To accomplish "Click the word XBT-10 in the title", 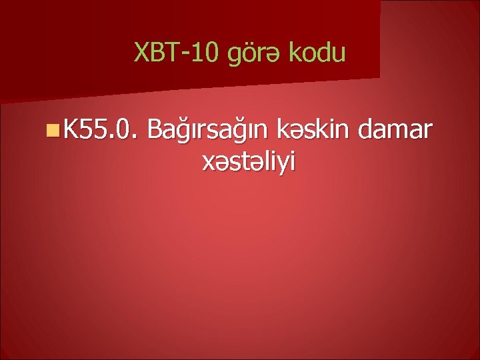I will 177,51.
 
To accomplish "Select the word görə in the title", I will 254,53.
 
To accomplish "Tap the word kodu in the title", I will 317,51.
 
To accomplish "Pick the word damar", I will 399,127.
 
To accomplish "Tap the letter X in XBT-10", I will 141,51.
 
